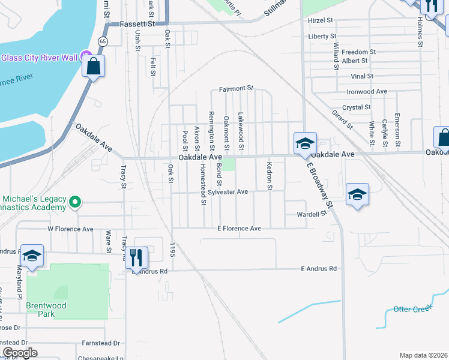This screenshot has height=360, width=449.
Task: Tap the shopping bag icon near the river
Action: coord(94,66)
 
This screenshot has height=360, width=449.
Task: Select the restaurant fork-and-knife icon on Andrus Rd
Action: coord(136,258)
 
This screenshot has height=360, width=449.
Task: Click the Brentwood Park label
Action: coord(41,310)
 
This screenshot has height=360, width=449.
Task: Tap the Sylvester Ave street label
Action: coord(228,192)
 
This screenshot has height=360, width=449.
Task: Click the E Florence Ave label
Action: coord(240,229)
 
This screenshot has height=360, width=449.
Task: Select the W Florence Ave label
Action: coord(71,229)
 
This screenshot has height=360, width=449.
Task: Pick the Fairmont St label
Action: coord(237,88)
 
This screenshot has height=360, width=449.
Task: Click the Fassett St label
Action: coord(137,24)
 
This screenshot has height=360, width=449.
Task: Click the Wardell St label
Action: coord(312,214)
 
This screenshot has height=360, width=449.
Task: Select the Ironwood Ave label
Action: coord(367,92)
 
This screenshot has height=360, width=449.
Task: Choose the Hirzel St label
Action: coord(320,20)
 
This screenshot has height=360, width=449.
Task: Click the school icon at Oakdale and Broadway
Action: coord(305,143)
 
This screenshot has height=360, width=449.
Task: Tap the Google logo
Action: coord(20,353)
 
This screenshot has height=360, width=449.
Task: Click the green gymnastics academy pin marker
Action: coord(74,202)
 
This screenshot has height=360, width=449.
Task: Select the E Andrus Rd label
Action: coord(319,269)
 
